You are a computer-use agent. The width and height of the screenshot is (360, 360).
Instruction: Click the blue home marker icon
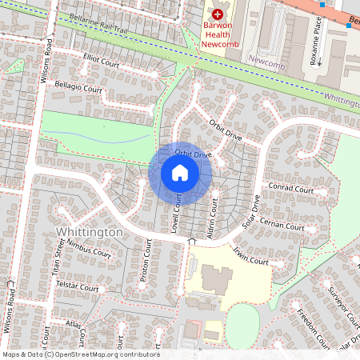(x=179, y=173)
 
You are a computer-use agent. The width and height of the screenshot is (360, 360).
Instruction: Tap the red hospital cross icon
(x=217, y=14)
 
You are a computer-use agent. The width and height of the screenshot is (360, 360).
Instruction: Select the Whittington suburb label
(x=90, y=231)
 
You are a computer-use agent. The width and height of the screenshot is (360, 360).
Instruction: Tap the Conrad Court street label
(x=291, y=190)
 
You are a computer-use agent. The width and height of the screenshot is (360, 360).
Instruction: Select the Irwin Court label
(x=250, y=256)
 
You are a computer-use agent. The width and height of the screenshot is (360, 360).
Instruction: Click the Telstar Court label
(x=78, y=286)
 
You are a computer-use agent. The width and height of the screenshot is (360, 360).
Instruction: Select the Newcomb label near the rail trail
(x=266, y=60)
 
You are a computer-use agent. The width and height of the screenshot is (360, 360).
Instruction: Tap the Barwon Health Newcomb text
(x=219, y=34)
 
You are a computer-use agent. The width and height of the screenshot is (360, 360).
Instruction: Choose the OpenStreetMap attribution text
(x=81, y=354)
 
